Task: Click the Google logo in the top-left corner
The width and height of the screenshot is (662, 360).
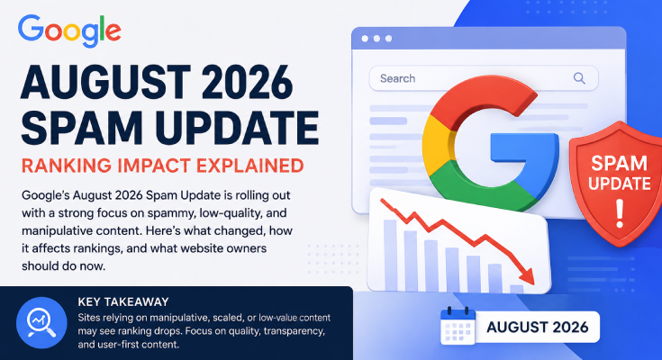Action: tap(69, 31)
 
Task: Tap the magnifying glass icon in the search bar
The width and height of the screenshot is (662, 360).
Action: tap(579, 78)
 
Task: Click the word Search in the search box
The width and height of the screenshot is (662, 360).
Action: tap(397, 78)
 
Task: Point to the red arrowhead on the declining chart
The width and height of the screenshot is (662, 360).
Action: tap(526, 275)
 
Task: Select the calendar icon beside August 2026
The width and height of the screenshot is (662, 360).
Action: tap(458, 326)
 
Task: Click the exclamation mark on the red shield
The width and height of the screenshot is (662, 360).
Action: tap(620, 213)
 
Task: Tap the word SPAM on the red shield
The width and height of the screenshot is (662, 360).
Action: tap(619, 163)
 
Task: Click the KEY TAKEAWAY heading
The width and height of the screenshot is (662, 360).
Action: tap(123, 301)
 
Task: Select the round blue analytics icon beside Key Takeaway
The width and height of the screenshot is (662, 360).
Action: tap(41, 322)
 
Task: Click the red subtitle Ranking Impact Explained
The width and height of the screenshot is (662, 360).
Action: tap(162, 166)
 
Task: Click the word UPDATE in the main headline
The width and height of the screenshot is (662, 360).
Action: tap(240, 128)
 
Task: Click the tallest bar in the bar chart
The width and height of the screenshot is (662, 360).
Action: tap(391, 255)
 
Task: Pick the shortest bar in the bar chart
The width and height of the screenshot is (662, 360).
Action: tap(516, 289)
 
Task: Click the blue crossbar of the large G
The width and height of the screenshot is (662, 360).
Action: tap(523, 148)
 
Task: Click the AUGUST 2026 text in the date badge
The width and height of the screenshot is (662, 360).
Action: tap(538, 327)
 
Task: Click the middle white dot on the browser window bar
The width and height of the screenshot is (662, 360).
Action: tap(376, 39)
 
